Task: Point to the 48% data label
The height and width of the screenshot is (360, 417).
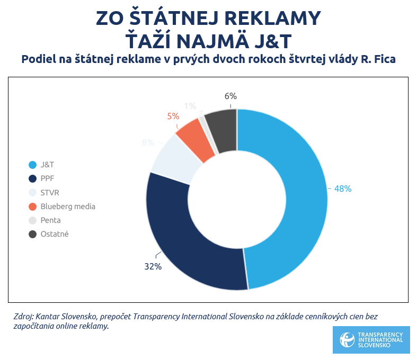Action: pos(342,188)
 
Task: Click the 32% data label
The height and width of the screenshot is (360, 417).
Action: pos(153,267)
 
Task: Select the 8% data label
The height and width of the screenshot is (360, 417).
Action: pos(148,142)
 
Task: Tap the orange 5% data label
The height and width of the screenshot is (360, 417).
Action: pos(173,116)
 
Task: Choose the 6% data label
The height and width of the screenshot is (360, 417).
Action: pos(230,96)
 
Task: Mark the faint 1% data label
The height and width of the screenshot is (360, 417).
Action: pos(190,105)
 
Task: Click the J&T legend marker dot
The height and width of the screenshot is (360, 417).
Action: pos(32,165)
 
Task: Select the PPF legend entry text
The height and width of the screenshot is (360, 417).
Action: pos(48,179)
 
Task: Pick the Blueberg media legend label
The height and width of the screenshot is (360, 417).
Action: pos(68,206)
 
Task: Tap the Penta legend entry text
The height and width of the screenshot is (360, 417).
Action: pos(51,220)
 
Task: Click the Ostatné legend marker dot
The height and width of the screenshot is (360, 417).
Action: pos(32,234)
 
